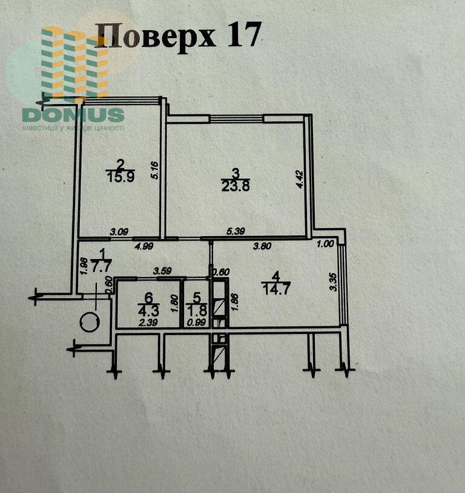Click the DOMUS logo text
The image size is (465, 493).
coord(73,114)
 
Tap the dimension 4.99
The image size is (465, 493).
coord(144,246)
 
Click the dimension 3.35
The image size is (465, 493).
coord(332,283)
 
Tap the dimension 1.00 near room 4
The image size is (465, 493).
coord(325,245)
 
